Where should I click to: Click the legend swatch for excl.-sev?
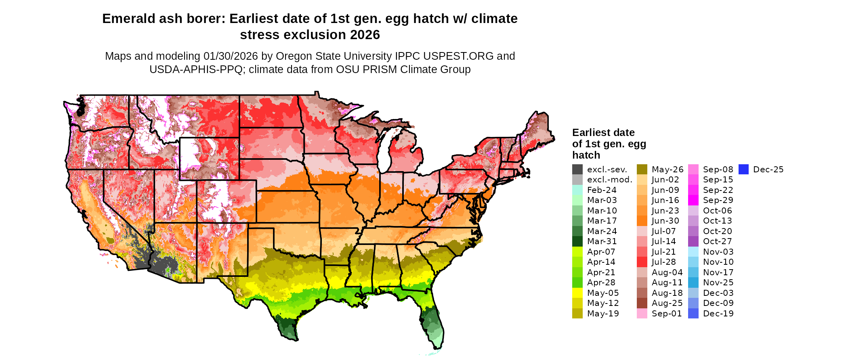tap(577, 170)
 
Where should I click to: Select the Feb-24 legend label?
tap(602, 190)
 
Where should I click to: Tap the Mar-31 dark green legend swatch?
tap(577, 241)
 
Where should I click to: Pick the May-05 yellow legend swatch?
tap(577, 293)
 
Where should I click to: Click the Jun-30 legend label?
tap(665, 221)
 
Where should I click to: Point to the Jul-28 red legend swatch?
tap(642, 262)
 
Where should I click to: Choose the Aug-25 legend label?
tap(667, 303)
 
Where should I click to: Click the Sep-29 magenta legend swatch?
tap(693, 200)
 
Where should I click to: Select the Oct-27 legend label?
tap(717, 241)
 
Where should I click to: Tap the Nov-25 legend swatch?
tap(693, 283)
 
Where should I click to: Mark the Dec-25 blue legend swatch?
tap(743, 170)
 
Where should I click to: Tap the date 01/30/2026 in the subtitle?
tap(231, 56)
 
